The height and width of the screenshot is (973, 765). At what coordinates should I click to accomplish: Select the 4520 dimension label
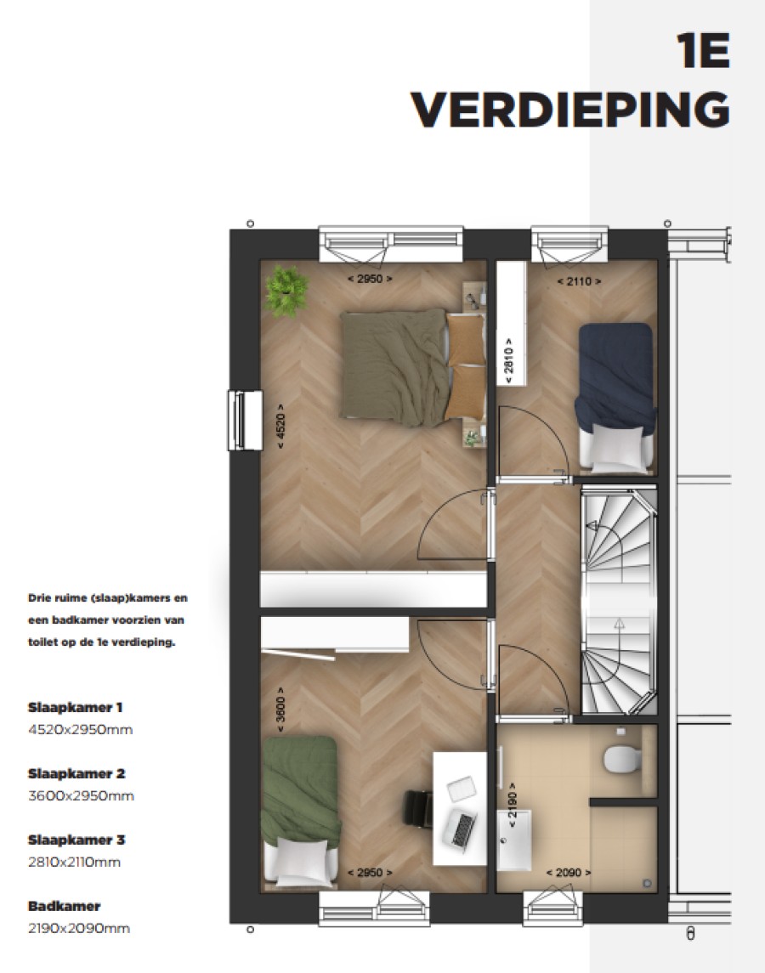click(x=280, y=432)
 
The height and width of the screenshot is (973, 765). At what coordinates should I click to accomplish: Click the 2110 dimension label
click(x=579, y=280)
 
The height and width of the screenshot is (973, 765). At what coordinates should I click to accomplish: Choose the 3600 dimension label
click(x=280, y=710)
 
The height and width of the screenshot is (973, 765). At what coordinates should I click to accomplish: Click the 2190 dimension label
click(x=511, y=801)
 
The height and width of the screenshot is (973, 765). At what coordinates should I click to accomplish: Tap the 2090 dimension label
click(x=568, y=873)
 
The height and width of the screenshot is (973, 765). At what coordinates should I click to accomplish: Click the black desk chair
click(x=417, y=806)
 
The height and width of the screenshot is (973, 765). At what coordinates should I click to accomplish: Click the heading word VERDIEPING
click(x=570, y=108)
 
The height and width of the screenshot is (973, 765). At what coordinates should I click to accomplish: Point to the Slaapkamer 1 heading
click(x=76, y=707)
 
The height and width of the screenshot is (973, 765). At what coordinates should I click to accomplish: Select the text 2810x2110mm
click(x=75, y=863)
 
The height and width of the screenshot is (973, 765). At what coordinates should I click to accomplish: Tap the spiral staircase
click(x=618, y=600)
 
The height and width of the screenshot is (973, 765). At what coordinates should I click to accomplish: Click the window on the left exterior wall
click(x=242, y=420)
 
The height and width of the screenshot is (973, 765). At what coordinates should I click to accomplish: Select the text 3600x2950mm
click(x=81, y=796)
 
